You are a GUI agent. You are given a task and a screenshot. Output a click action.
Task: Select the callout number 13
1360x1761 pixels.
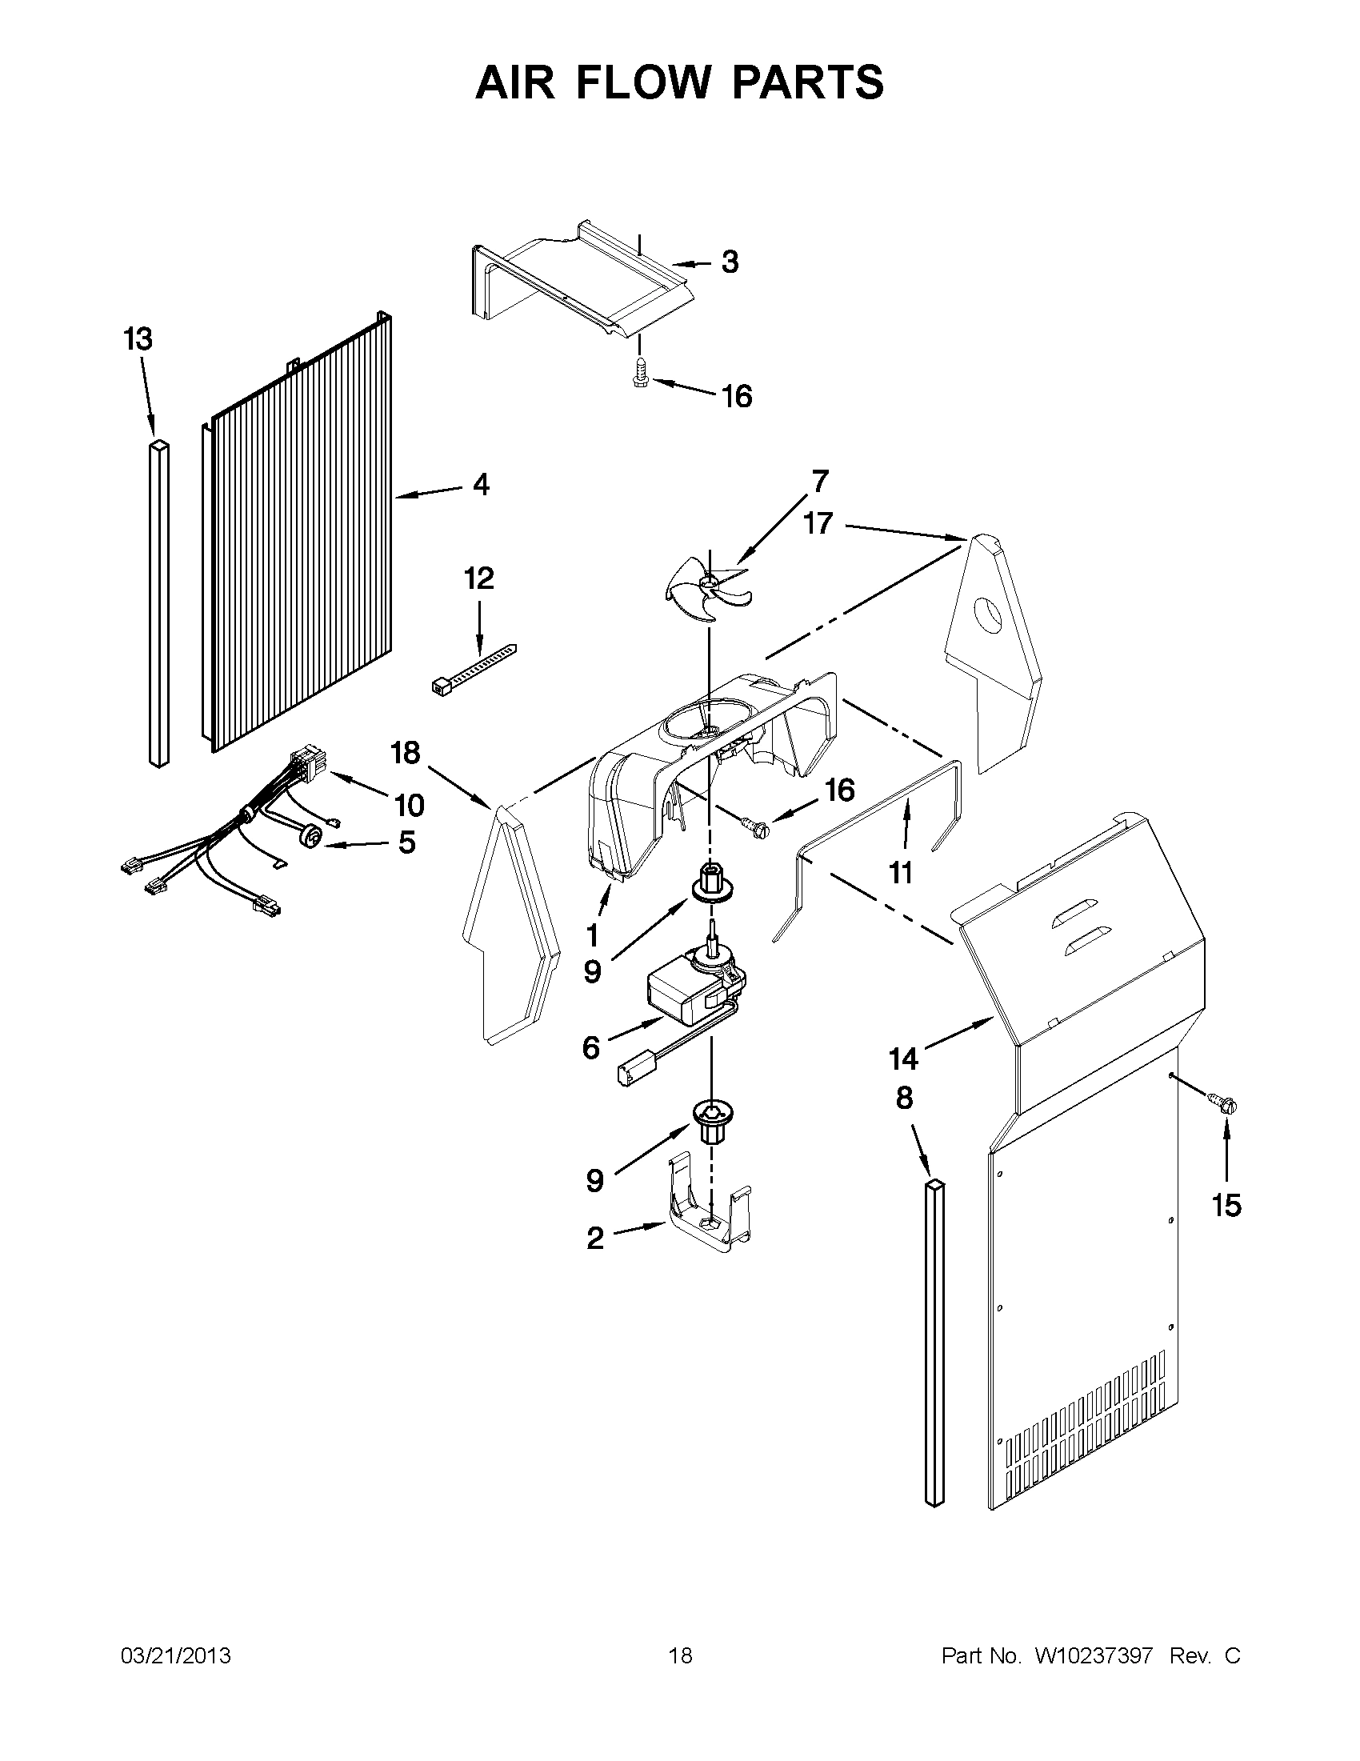(x=137, y=338)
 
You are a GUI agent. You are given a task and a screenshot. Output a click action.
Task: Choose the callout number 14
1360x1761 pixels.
(x=904, y=1059)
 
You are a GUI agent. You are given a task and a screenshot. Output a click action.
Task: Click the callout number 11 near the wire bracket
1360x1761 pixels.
(x=900, y=871)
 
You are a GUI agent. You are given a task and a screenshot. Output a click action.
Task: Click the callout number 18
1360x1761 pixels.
(x=405, y=752)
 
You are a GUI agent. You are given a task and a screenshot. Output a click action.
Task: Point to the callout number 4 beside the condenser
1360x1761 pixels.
(x=481, y=485)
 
